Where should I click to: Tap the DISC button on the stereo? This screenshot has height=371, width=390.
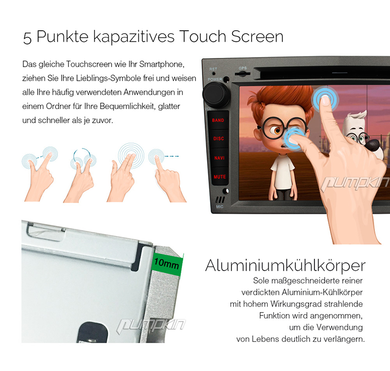(x=218, y=139)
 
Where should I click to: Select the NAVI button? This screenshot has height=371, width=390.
(x=219, y=158)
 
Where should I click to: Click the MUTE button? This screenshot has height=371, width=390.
(x=220, y=177)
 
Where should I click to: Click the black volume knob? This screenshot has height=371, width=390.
(x=216, y=95)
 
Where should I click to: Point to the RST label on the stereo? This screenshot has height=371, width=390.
(x=213, y=69)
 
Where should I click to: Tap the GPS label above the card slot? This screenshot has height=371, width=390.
(x=242, y=68)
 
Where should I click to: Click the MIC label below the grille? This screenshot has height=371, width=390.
(x=220, y=206)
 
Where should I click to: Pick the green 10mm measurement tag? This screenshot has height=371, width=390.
(x=167, y=264)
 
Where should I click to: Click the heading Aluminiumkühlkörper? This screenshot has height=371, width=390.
(x=285, y=265)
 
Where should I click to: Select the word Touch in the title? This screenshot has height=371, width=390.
(x=202, y=37)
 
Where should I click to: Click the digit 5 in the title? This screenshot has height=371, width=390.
(x=27, y=38)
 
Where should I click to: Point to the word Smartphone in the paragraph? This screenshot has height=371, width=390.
(x=162, y=64)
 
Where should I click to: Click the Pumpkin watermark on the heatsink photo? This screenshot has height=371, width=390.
(x=151, y=326)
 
